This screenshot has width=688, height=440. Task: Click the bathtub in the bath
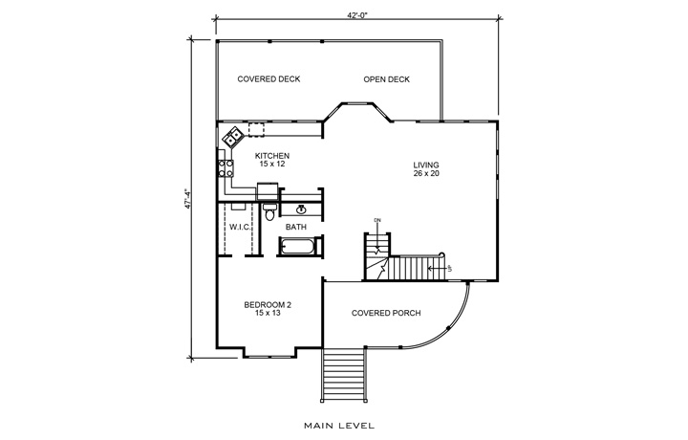[x=300, y=248]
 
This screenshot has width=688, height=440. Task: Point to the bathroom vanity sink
[x=302, y=208]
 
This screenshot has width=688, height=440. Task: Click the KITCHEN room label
[x=272, y=155]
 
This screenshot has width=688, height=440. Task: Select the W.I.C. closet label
[x=239, y=227]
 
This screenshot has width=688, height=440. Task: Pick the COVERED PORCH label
[x=386, y=313]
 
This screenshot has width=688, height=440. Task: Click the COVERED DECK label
[x=269, y=79]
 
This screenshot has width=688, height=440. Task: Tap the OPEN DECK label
[x=386, y=79]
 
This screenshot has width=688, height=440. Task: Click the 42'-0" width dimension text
[x=360, y=13]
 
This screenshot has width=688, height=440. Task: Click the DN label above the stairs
[x=377, y=222]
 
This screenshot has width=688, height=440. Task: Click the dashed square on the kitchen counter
[x=256, y=129]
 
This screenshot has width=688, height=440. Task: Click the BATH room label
[x=295, y=227]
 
